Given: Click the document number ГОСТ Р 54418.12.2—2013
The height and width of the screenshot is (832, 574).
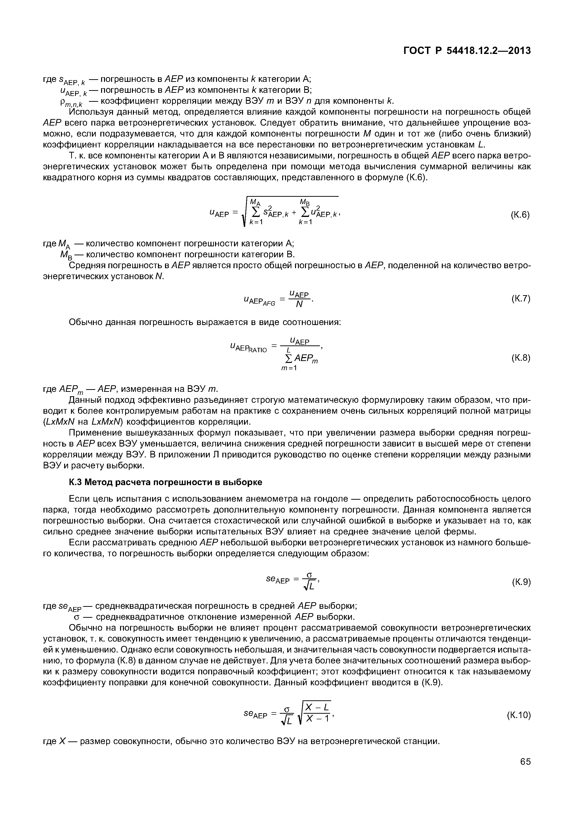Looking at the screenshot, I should coord(467,51).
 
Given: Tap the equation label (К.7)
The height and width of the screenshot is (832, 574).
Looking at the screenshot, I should coord(520,299).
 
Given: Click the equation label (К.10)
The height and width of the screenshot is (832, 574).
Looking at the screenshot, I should coord(519,715).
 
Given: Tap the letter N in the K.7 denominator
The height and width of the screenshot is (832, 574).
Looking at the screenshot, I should coord(299,305).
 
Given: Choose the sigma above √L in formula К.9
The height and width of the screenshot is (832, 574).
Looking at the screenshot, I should coord(309,574).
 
